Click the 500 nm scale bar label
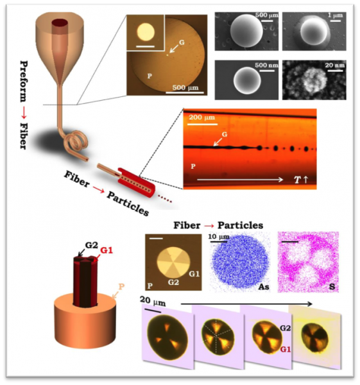point(266,65)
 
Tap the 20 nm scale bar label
point(335,65)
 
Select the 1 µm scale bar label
point(335,15)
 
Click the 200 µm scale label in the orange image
point(201,117)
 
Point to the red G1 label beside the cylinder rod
point(107,250)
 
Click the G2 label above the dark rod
point(92,245)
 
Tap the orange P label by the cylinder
point(121,287)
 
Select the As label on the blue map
point(264,287)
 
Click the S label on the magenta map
point(332,287)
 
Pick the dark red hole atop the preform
point(60,23)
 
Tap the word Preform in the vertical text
point(24,81)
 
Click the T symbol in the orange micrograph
point(297,180)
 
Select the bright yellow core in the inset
point(146,31)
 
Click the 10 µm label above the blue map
point(219,237)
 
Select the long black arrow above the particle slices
point(246,304)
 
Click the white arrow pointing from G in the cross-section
point(174,49)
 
